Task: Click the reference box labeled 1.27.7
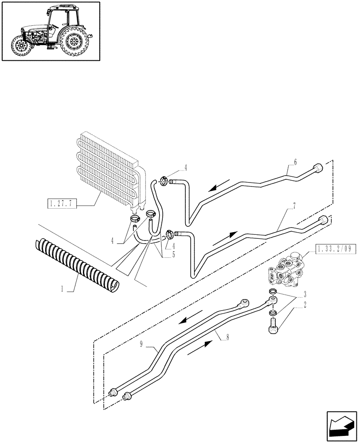[62, 204]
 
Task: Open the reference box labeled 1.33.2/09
[337, 249]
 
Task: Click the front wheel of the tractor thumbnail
[20, 46]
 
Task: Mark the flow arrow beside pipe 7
[224, 238]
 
